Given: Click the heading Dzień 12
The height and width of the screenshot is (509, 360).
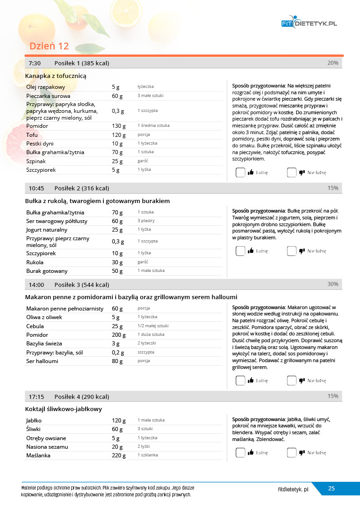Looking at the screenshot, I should [49, 46].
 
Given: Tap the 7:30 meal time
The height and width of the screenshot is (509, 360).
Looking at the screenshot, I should [35, 63].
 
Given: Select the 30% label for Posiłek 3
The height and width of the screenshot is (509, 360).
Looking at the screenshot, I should [333, 284].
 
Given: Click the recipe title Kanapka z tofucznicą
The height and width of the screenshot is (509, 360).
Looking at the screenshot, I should [56, 76].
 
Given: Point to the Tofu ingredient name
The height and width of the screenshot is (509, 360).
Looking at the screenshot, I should [32, 135].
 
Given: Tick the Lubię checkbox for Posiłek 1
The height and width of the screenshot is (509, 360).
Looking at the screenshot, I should [240, 172].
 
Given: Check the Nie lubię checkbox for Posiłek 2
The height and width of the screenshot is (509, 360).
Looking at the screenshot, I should [292, 251].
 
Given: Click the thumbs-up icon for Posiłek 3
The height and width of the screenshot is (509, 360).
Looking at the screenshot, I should [251, 381].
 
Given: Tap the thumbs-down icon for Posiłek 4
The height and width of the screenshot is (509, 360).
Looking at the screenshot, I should [302, 452].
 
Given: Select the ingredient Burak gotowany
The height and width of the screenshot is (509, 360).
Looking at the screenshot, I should [47, 271].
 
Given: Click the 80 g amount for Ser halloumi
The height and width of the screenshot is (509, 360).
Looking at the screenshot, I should [117, 361].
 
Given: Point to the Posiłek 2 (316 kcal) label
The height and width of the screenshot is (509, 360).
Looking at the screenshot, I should [82, 188].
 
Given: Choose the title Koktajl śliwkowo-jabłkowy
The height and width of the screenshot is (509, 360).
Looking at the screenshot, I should [63, 409].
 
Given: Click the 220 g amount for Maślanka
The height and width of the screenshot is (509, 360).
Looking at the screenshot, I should [119, 456].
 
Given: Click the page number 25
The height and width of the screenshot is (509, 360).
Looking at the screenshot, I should [331, 489].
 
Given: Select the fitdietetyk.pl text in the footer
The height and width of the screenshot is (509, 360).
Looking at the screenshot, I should [293, 490].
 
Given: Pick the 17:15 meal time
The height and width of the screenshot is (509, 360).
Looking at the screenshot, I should [36, 397].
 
